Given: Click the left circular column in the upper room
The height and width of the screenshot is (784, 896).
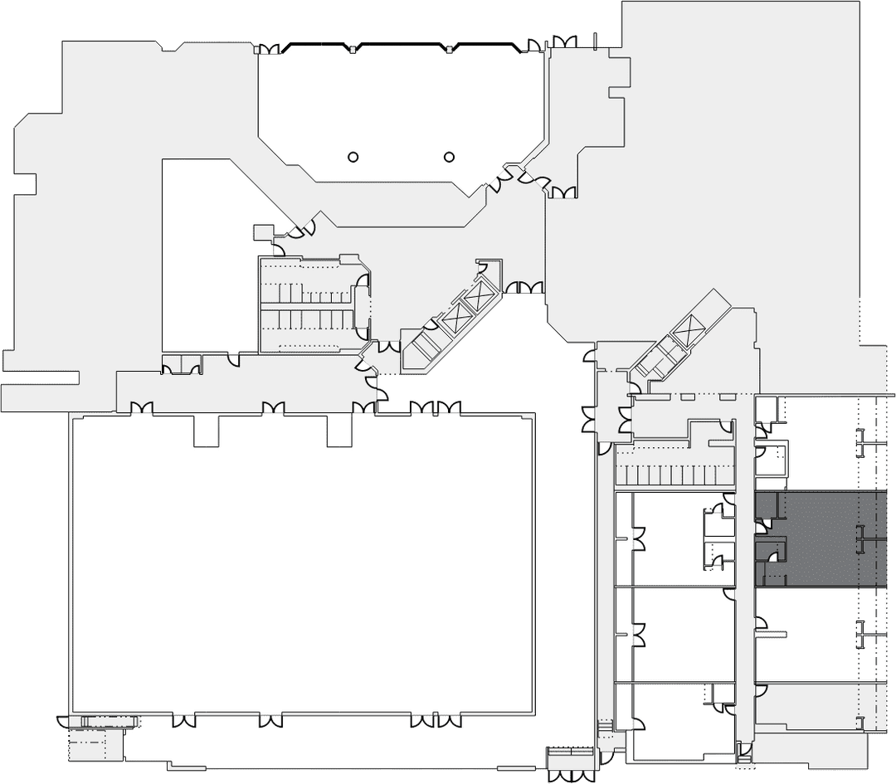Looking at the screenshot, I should (353, 156).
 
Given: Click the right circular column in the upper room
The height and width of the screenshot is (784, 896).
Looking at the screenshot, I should (450, 156).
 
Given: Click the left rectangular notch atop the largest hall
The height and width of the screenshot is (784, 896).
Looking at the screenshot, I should (206, 431).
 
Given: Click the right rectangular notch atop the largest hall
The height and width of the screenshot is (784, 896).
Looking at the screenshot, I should (339, 431).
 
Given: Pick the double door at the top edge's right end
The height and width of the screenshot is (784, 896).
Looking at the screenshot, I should (564, 41).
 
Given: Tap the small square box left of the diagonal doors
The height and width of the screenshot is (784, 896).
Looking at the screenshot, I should (263, 232).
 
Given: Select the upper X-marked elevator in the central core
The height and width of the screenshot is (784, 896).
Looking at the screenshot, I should (480, 295).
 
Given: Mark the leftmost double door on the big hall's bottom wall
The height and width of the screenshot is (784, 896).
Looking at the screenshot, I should (184, 720).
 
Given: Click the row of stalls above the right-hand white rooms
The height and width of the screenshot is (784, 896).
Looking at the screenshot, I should (674, 475).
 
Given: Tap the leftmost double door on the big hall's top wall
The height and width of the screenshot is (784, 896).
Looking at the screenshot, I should (141, 407).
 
